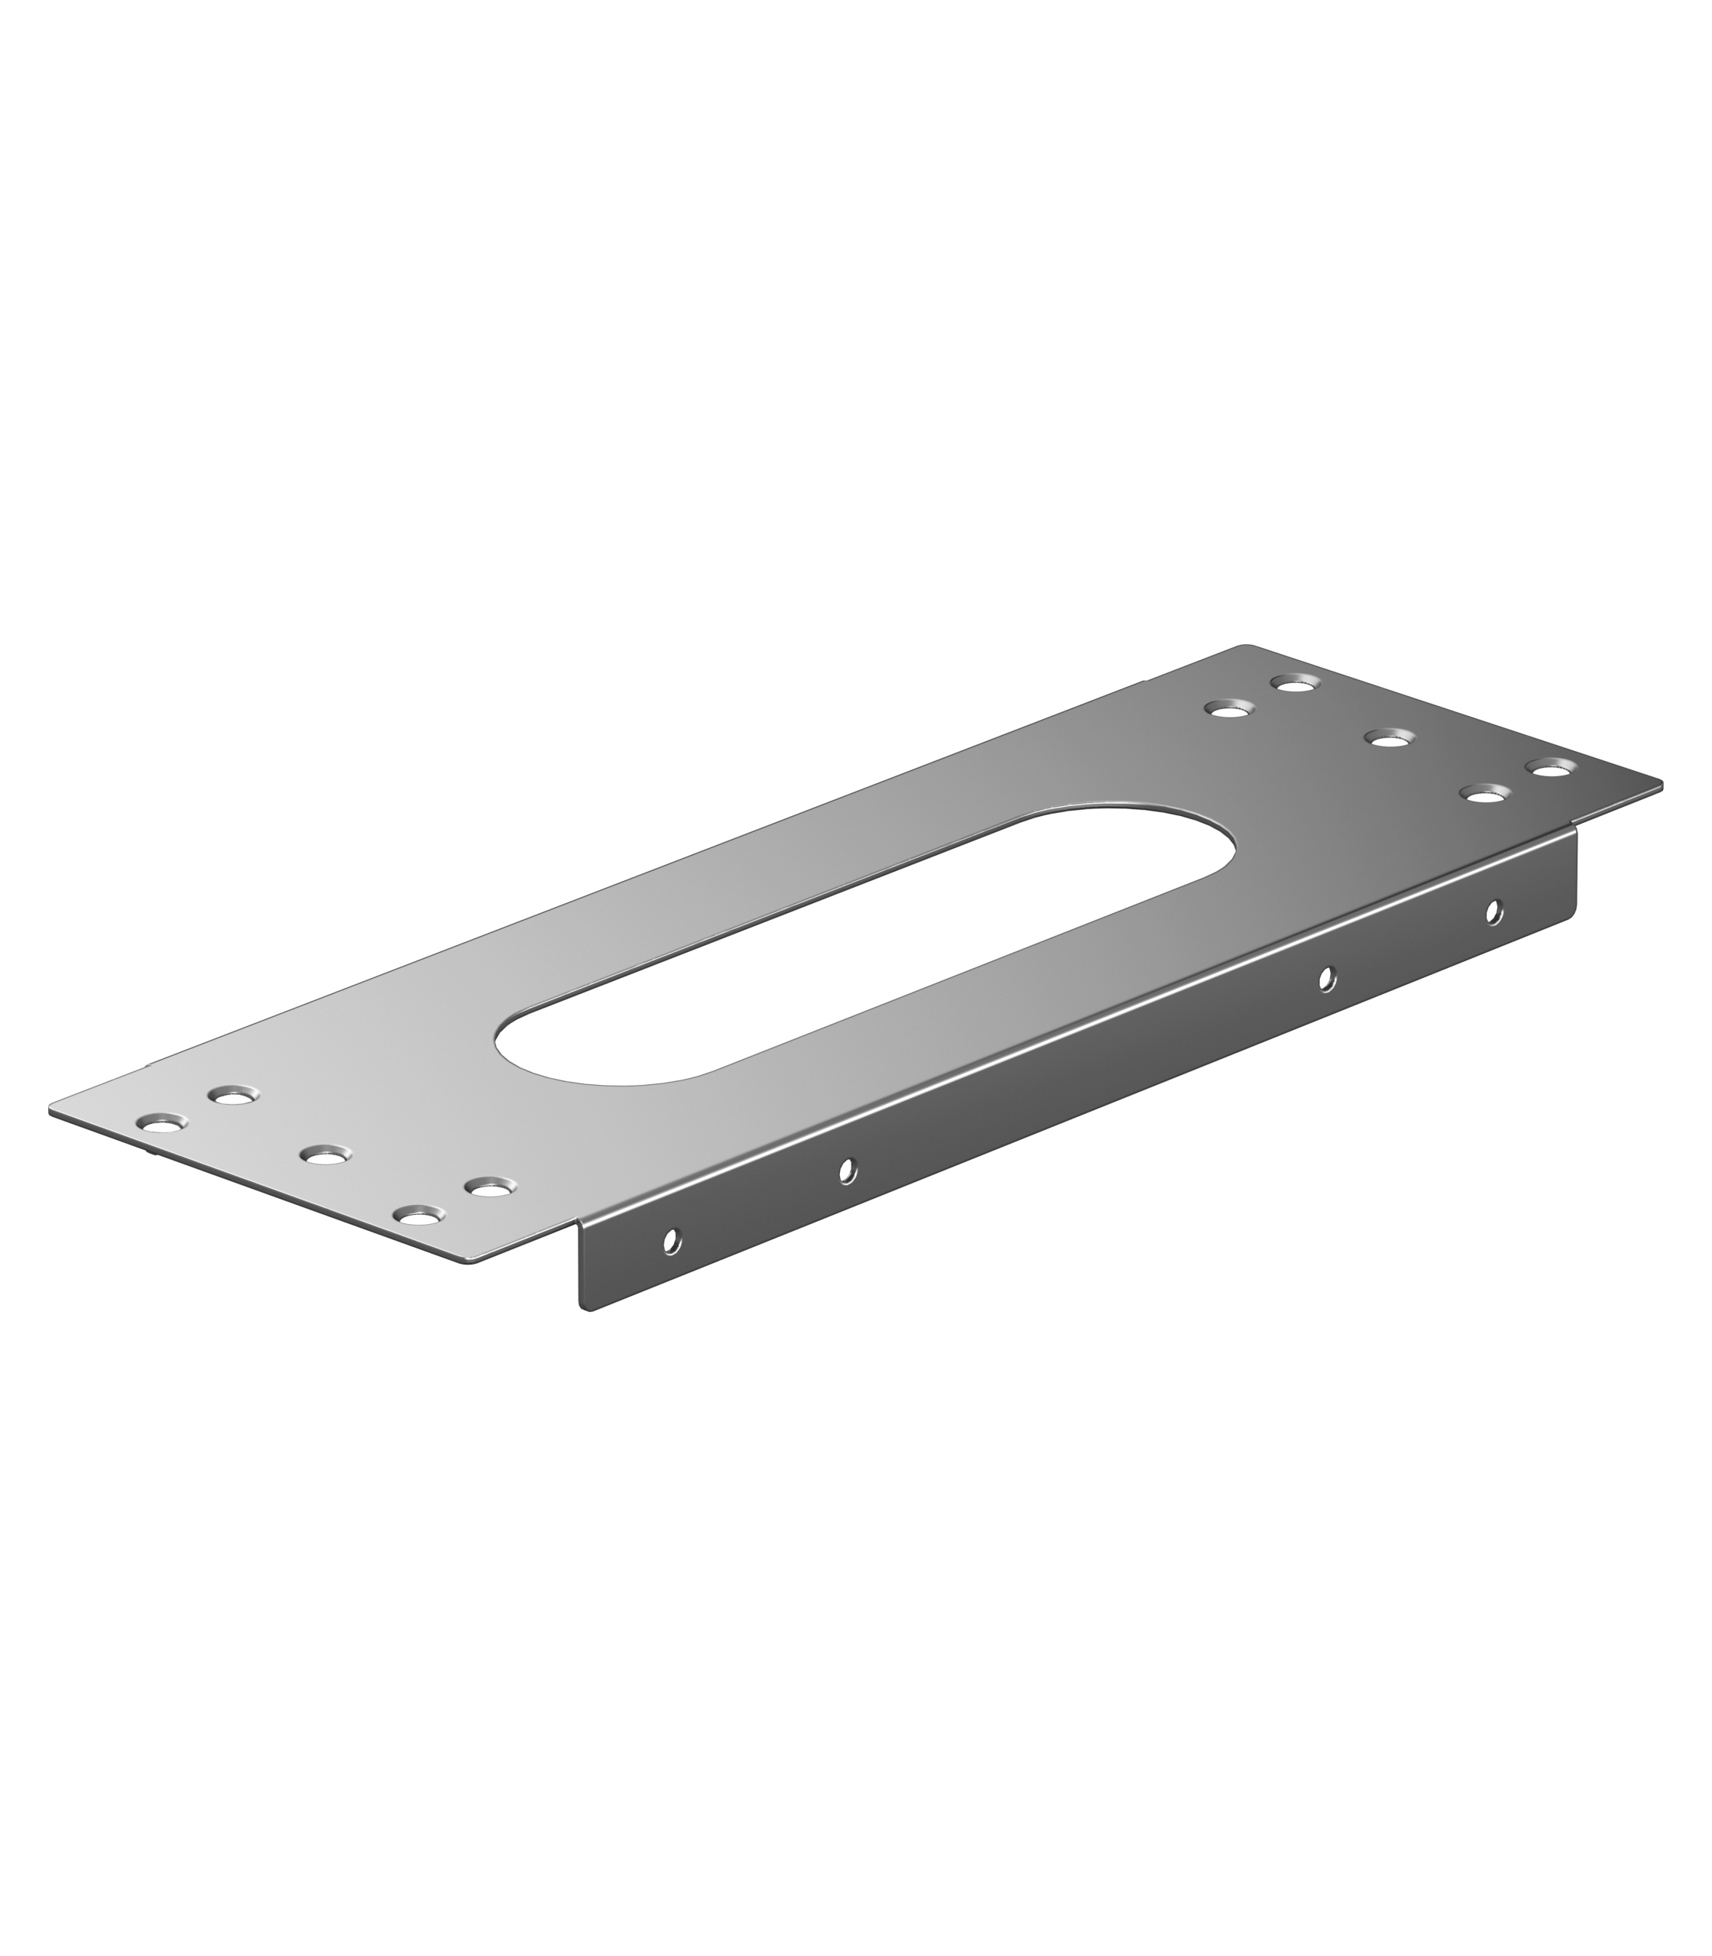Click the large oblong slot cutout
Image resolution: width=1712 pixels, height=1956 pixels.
coord(864,946)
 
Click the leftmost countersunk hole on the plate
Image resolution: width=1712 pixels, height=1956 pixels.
coord(161,1122)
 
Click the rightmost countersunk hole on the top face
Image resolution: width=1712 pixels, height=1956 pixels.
coord(1551,767)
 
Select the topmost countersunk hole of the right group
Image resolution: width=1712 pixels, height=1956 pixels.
coord(1295,683)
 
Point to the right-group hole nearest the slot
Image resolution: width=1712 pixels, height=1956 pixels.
coord(1229,709)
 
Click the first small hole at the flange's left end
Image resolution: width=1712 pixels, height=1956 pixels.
coord(672,1242)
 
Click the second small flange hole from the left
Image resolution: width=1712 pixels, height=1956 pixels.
coord(848,1170)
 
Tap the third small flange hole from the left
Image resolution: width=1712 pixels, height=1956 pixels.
coord(1325,979)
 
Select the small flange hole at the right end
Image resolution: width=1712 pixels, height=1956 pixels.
coord(1493,912)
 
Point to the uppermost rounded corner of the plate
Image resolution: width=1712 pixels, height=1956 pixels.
coord(1244,648)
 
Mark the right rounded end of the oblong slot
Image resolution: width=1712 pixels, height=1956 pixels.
coord(1227,845)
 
